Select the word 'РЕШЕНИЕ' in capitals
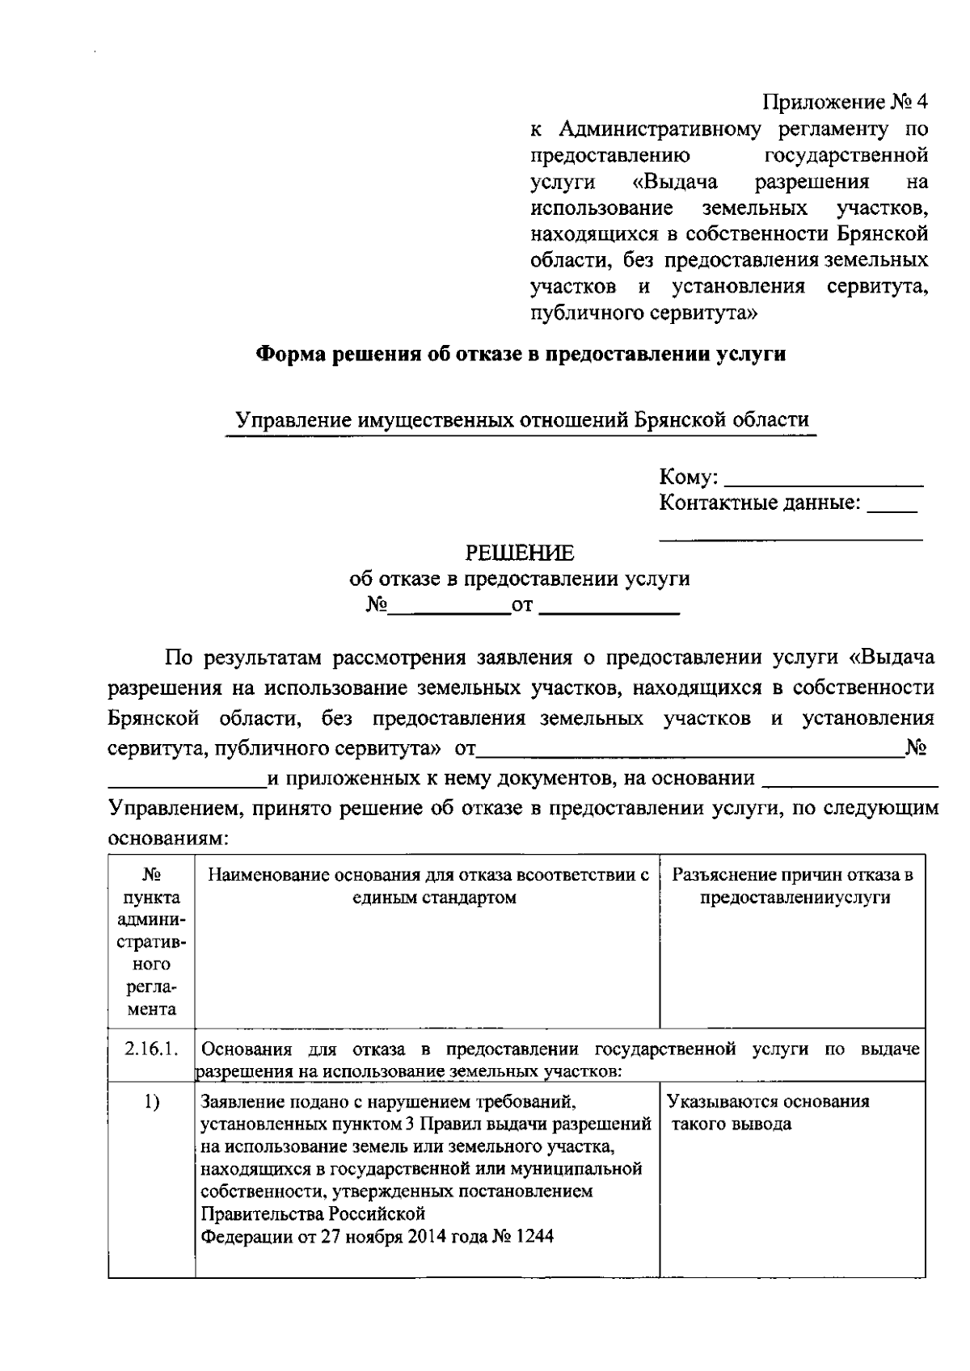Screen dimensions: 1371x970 coord(520,553)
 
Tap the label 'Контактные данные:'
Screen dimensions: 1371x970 coord(759,503)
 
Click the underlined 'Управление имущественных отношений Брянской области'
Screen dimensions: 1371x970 coord(521,420)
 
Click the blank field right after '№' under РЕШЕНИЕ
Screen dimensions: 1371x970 coord(449,610)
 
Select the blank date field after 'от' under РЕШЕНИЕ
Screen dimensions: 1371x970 coord(609,610)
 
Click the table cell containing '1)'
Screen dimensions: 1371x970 coord(151,1102)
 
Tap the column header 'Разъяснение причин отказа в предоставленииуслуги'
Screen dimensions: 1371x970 coord(792,886)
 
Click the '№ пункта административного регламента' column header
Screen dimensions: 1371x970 coord(151,942)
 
